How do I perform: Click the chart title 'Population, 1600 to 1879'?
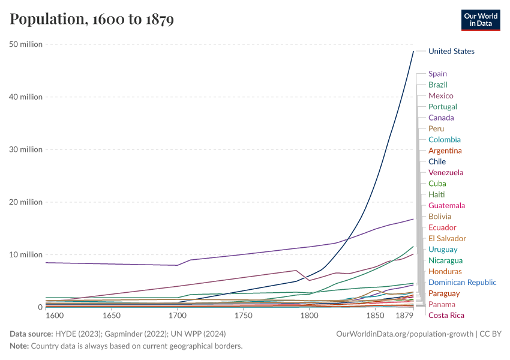(92, 20)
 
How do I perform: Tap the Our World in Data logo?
(480, 20)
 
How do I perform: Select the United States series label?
(451, 52)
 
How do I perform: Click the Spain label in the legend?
(437, 74)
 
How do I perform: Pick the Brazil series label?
(437, 85)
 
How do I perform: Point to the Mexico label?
(440, 95)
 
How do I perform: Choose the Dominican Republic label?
(462, 282)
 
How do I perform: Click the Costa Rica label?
(446, 315)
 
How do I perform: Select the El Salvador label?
(447, 238)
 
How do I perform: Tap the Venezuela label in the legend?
(446, 172)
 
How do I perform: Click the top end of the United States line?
(413, 52)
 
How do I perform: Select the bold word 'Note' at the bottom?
(19, 346)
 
